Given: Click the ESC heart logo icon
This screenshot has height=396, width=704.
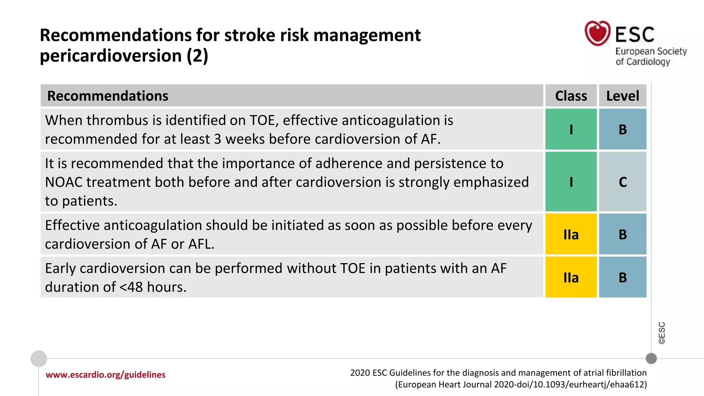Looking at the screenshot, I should (x=597, y=33).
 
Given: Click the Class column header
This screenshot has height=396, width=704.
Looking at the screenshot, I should (x=571, y=96).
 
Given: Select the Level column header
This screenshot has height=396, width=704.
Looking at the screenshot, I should (x=623, y=96).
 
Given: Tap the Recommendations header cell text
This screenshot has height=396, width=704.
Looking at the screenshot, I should (x=108, y=96).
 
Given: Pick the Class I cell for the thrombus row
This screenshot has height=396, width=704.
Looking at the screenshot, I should (x=571, y=130).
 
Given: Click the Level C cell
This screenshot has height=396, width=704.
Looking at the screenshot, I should (x=623, y=182).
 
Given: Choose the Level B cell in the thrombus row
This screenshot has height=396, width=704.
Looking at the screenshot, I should (x=623, y=130).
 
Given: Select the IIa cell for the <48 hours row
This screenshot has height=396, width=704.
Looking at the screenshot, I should (x=571, y=277).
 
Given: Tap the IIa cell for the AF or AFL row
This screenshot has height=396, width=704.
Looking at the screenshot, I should (x=571, y=234).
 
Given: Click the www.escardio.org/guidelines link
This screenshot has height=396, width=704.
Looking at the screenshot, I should (x=106, y=375).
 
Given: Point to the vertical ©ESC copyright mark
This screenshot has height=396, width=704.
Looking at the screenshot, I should (x=662, y=333).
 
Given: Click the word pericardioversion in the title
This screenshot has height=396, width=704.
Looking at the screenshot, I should (x=111, y=56).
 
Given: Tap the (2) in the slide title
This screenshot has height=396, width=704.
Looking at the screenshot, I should (x=197, y=56).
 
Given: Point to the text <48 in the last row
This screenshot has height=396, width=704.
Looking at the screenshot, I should (x=131, y=287).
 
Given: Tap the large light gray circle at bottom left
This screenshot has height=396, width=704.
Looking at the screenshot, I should (x=39, y=359).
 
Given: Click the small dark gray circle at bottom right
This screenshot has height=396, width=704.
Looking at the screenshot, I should (x=651, y=359).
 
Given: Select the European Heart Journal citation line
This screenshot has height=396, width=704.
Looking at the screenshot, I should (x=521, y=384).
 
